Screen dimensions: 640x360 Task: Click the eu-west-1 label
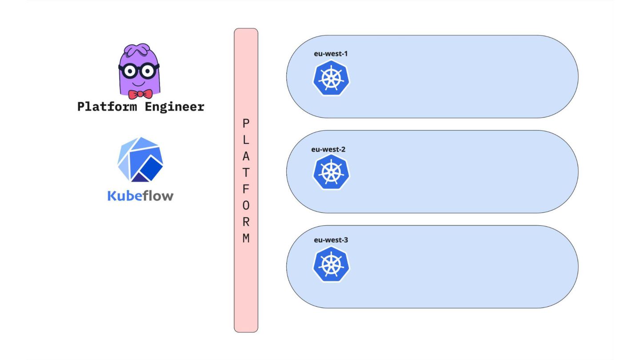pyautogui.click(x=331, y=54)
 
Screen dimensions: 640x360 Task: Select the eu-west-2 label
pyautogui.click(x=328, y=149)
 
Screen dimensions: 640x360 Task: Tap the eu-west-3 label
pyautogui.click(x=331, y=240)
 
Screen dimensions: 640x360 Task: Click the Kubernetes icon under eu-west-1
pyautogui.click(x=331, y=78)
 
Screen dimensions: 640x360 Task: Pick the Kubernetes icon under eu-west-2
pyautogui.click(x=331, y=172)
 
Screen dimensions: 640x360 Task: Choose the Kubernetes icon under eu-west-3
pyautogui.click(x=331, y=264)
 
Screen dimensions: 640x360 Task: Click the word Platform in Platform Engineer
pyautogui.click(x=107, y=107)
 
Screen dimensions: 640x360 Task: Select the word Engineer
pyautogui.click(x=175, y=107)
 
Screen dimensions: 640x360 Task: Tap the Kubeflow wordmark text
pyautogui.click(x=140, y=196)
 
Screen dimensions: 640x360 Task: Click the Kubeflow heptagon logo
pyautogui.click(x=140, y=160)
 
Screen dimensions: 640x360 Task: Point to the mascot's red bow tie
pyautogui.click(x=140, y=94)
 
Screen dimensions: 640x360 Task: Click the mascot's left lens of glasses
pyautogui.click(x=129, y=71)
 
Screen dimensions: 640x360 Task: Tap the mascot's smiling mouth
pyautogui.click(x=139, y=84)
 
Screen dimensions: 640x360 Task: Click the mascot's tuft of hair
pyautogui.click(x=138, y=50)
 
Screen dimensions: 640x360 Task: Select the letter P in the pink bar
pyautogui.click(x=246, y=124)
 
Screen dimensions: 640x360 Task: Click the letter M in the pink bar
pyautogui.click(x=246, y=238)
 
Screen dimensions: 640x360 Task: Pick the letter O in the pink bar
pyautogui.click(x=246, y=205)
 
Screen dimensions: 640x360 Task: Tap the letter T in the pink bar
pyautogui.click(x=246, y=172)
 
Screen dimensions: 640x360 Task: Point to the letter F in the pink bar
pyautogui.click(x=246, y=189)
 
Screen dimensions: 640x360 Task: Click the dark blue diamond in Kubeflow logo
pyautogui.click(x=152, y=169)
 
